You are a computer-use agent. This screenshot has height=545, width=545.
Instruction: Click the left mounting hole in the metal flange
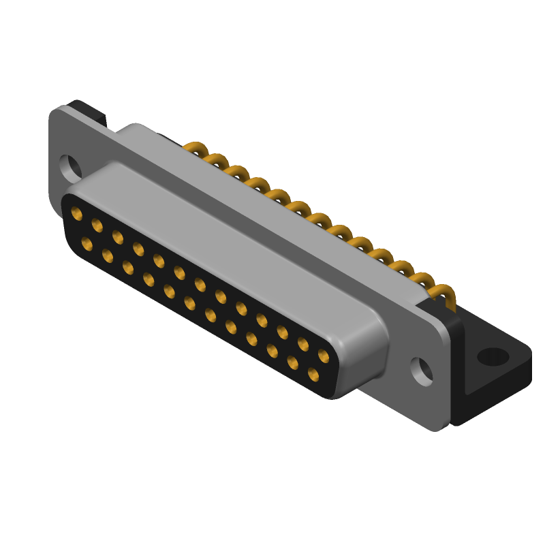point(69,166)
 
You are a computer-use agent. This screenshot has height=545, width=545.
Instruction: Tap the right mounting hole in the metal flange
point(422,371)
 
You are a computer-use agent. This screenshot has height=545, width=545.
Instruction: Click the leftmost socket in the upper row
point(77,215)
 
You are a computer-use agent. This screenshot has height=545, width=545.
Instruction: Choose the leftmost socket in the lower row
point(87,243)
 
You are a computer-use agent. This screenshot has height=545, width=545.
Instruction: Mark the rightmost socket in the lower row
point(313,373)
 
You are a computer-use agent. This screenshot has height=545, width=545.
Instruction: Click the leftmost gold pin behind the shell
point(195,149)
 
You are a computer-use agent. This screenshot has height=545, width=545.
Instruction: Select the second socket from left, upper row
point(97,226)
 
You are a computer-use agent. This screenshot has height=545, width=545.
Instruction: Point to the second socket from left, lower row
point(108,255)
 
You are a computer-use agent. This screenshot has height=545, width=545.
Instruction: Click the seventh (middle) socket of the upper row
point(200,285)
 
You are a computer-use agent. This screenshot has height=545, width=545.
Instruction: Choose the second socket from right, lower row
point(293,362)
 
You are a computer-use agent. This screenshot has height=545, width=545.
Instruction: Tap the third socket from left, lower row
point(128,267)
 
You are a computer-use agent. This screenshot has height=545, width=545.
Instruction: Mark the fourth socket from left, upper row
point(138,249)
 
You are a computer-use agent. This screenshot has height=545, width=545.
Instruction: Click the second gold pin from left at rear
point(215,161)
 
